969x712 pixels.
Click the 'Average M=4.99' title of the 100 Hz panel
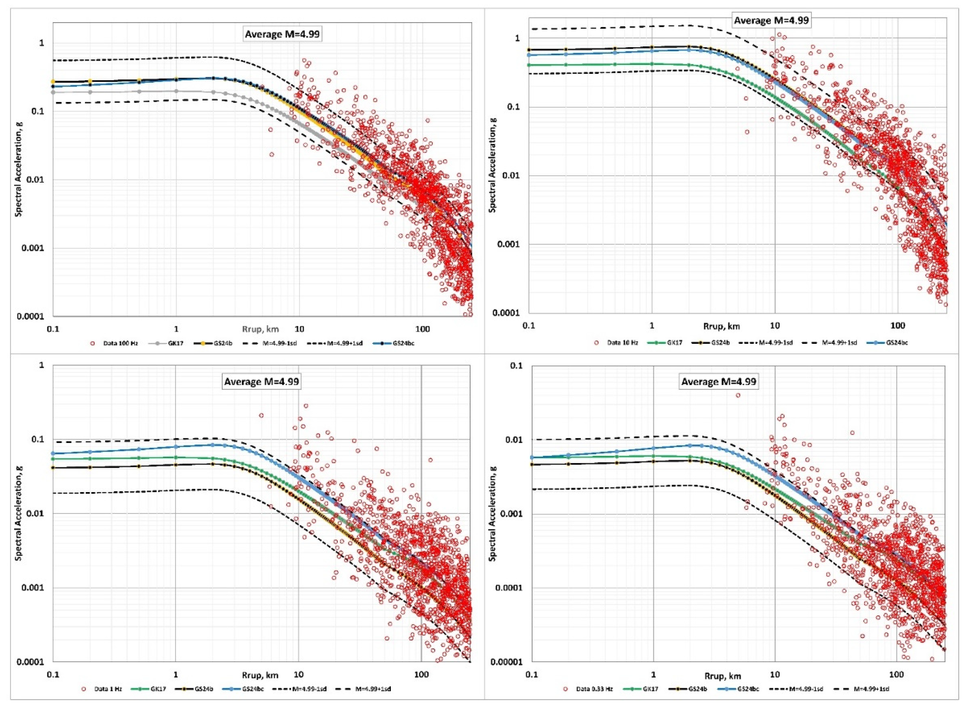[282, 35]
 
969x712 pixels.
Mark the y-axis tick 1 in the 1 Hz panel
[42, 365]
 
